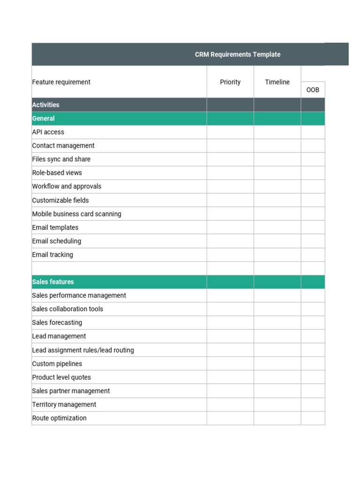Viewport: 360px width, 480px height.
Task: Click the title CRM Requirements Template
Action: point(237,54)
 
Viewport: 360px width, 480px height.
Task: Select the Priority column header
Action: point(230,82)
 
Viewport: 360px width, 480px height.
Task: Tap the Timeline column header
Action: point(277,82)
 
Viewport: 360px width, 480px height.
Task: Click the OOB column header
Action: point(313,90)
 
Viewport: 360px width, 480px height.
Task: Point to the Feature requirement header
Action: point(61,82)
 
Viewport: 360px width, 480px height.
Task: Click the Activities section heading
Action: point(45,105)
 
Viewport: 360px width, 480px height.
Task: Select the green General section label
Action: point(43,119)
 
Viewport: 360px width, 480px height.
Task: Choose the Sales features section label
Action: point(53,282)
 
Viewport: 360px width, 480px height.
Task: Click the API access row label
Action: point(48,132)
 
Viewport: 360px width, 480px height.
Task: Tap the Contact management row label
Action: point(63,146)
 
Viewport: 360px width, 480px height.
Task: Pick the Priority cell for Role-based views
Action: point(230,173)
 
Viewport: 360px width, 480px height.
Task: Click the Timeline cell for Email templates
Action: point(277,227)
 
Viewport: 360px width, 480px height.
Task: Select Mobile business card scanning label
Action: point(76,214)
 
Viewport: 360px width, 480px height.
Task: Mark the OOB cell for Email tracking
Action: point(313,255)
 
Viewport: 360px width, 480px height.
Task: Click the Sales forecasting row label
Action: point(57,322)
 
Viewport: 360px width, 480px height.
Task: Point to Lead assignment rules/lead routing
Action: point(83,350)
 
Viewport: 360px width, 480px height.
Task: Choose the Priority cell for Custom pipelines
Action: point(230,364)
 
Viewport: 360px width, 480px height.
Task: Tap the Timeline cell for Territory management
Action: point(277,405)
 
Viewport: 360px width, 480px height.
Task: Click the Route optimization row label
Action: point(59,418)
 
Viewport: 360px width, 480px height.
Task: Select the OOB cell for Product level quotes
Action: point(313,377)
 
